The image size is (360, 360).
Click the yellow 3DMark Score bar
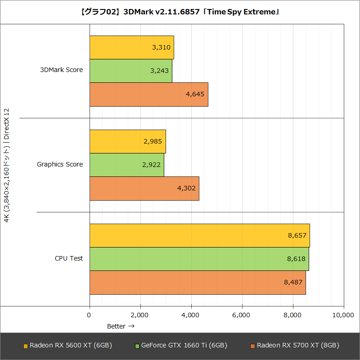click(x=131, y=47)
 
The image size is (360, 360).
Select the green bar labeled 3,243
click(x=130, y=71)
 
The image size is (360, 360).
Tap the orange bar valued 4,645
click(x=148, y=94)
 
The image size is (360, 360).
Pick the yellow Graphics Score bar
click(x=127, y=141)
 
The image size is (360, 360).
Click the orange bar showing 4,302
click(x=144, y=188)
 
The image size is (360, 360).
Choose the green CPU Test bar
click(x=199, y=259)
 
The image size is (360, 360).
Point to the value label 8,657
click(x=297, y=235)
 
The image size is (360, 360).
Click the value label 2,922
click(x=151, y=165)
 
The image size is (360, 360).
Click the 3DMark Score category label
click(x=61, y=70)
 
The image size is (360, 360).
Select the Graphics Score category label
click(x=60, y=164)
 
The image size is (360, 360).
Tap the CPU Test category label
click(x=69, y=258)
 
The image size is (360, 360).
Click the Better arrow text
click(x=121, y=326)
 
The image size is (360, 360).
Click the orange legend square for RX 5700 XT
click(x=252, y=346)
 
